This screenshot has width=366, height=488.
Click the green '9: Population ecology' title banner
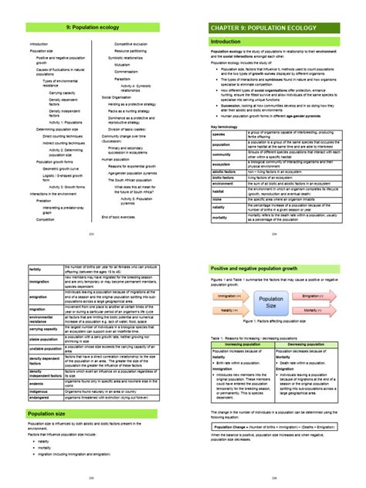click(x=92, y=27)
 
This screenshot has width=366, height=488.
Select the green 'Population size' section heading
click(x=92, y=413)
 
